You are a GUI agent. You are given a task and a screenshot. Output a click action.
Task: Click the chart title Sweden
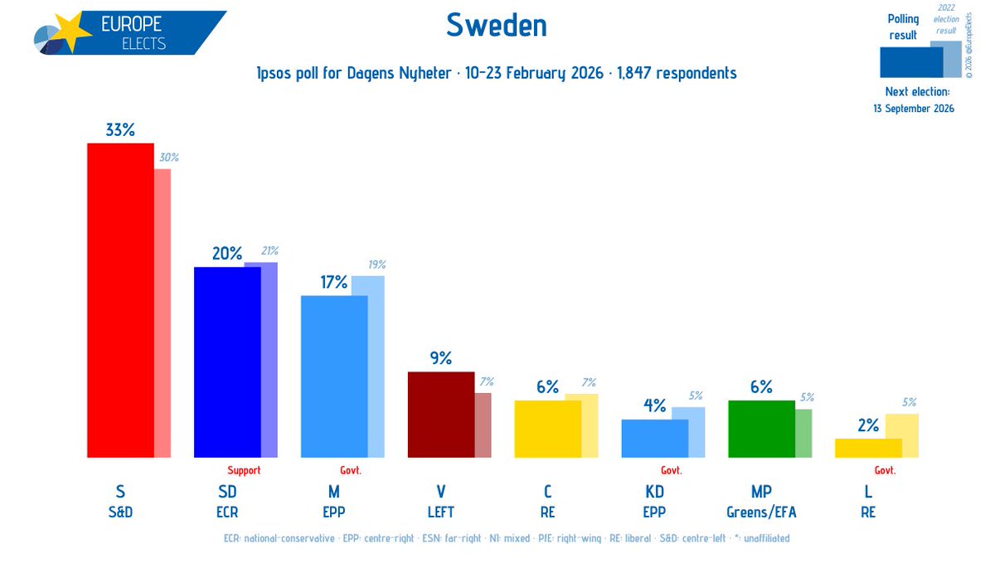(x=497, y=26)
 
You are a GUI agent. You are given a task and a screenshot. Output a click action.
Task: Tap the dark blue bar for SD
(x=226, y=362)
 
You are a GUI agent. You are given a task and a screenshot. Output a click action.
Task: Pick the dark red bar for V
(x=440, y=414)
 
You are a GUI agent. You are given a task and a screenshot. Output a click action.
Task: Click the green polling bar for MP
(x=760, y=428)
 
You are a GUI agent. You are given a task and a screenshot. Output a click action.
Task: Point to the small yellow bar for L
(x=867, y=448)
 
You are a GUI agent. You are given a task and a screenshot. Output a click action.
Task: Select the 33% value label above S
(x=120, y=130)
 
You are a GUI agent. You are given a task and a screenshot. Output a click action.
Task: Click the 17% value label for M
(x=333, y=282)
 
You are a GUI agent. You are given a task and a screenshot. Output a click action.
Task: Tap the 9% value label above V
(x=440, y=358)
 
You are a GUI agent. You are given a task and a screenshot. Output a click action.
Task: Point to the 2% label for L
(x=867, y=425)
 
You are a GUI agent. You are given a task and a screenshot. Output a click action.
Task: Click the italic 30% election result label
(x=169, y=158)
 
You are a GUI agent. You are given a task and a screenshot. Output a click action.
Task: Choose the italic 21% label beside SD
(x=269, y=250)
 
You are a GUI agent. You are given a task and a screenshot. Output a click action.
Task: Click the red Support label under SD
(x=244, y=470)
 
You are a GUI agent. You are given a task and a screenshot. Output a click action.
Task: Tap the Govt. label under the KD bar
(x=671, y=470)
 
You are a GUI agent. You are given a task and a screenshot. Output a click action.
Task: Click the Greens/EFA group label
(x=761, y=512)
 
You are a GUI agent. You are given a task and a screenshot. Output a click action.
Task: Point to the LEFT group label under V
(x=440, y=512)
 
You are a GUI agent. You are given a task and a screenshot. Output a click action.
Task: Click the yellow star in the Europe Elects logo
(x=73, y=32)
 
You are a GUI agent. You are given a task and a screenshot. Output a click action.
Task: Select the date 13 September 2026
(x=913, y=109)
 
